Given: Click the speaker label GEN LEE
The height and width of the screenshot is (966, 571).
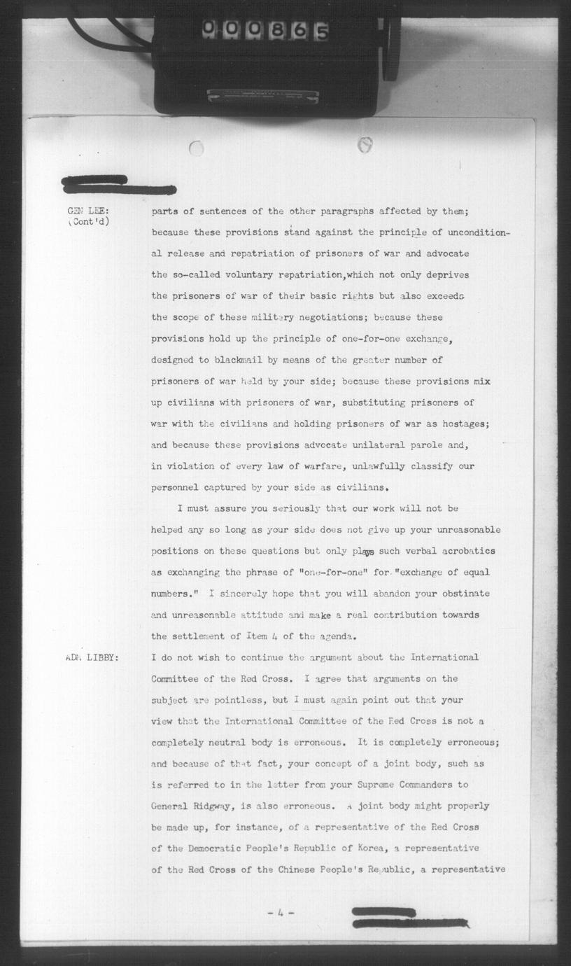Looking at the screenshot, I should [87, 211].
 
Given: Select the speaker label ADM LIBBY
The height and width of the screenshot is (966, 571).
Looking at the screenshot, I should [92, 658].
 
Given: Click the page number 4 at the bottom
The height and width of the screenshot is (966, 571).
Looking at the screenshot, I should [281, 913].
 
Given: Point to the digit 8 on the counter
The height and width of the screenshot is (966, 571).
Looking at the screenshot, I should [278, 30].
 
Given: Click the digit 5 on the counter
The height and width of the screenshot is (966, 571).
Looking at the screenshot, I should [321, 31].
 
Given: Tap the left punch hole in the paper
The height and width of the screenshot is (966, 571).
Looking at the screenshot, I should [197, 148].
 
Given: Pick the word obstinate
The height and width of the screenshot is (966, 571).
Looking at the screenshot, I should [461, 594].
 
